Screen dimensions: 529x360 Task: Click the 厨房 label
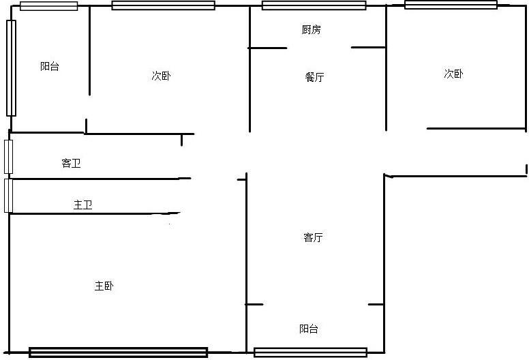(311, 30)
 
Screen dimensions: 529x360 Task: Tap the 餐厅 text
(314, 77)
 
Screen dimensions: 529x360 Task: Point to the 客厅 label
(313, 237)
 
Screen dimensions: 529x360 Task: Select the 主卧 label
(104, 286)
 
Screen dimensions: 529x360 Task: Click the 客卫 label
(71, 164)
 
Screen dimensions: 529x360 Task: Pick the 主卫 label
(83, 205)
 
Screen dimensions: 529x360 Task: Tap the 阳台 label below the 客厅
(309, 329)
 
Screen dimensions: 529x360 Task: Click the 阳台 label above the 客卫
(50, 66)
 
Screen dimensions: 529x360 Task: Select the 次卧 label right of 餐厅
(454, 74)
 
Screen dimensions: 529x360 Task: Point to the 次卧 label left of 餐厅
(162, 76)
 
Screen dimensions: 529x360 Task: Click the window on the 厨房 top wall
(314, 5)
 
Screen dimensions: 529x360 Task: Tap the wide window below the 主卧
(119, 352)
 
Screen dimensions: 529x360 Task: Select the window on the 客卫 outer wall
(8, 157)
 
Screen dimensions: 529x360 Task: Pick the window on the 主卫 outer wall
(8, 196)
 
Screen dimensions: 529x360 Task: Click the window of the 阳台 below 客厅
(310, 352)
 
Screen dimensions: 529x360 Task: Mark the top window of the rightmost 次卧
(451, 5)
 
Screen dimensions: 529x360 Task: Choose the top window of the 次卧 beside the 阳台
(164, 5)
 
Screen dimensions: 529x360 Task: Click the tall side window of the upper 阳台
(11, 68)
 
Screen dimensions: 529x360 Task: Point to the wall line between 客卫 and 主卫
(100, 179)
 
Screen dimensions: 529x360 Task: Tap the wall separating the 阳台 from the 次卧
(89, 50)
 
